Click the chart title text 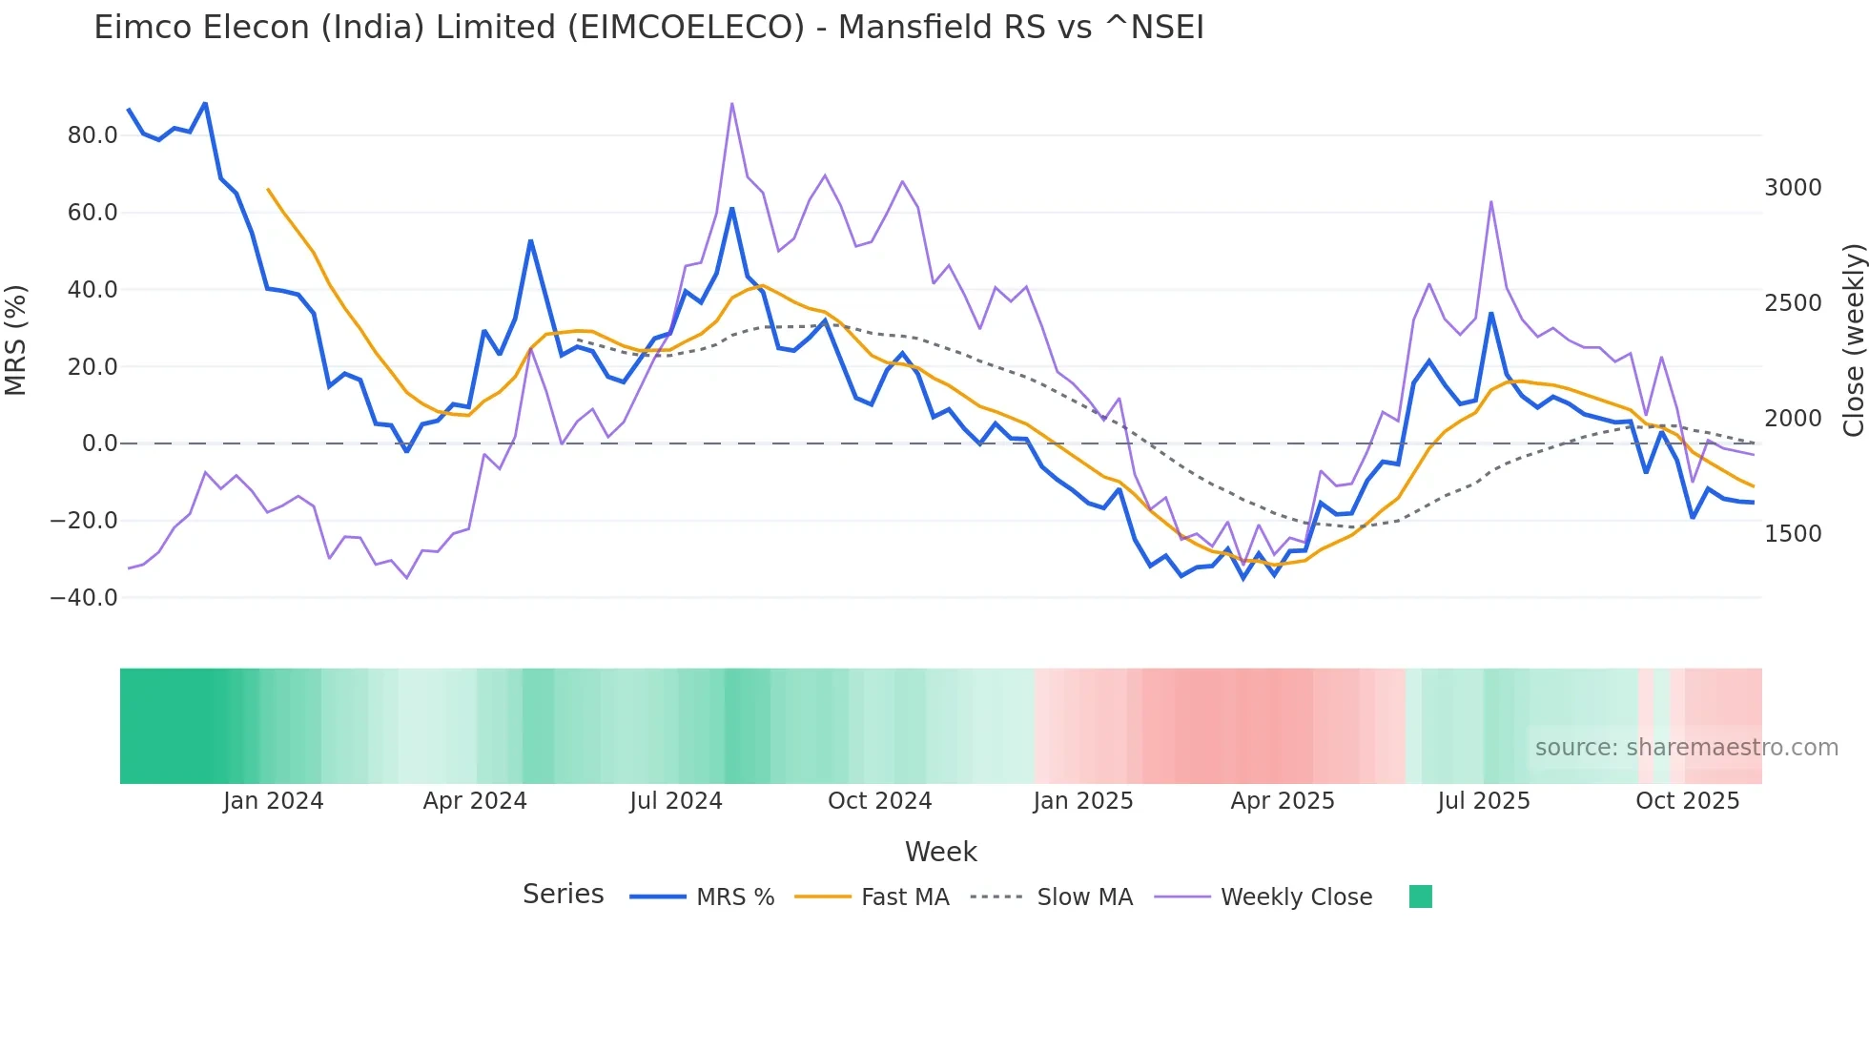(648, 28)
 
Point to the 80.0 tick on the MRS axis (92, 135)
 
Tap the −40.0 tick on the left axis (84, 598)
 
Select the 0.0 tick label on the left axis (99, 443)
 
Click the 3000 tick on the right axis (1793, 188)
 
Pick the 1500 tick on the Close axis (1793, 534)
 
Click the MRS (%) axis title (16, 340)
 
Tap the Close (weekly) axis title (1853, 340)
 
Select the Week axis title (940, 852)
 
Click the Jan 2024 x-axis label (274, 801)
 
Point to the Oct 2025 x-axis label (1687, 801)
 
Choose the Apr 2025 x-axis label (1282, 801)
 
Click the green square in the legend (1420, 896)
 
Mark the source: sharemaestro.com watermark (1686, 748)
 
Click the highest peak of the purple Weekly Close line (731, 103)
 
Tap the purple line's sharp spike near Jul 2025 (1490, 202)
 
